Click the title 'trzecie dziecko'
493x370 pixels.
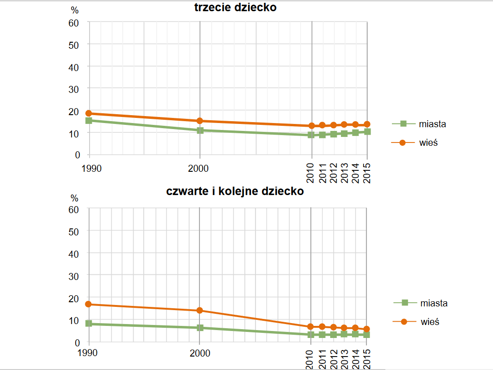tap(235, 7)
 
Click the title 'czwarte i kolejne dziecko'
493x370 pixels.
tap(235, 191)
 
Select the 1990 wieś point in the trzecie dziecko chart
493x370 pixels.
tap(88, 113)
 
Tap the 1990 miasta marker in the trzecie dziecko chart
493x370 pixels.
tap(88, 121)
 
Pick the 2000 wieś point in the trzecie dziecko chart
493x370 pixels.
tap(200, 121)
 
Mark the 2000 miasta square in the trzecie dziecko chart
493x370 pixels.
tap(200, 130)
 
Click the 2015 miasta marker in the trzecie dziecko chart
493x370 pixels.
tap(367, 132)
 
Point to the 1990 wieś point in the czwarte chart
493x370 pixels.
tap(88, 305)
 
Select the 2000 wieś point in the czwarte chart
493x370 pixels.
tap(199, 311)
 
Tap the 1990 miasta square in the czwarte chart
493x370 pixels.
tap(88, 324)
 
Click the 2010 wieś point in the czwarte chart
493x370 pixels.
tap(311, 327)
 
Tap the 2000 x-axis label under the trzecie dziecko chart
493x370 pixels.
tap(200, 168)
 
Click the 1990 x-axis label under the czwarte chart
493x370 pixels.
tap(88, 353)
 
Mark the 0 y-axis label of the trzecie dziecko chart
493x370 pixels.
tap(77, 155)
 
